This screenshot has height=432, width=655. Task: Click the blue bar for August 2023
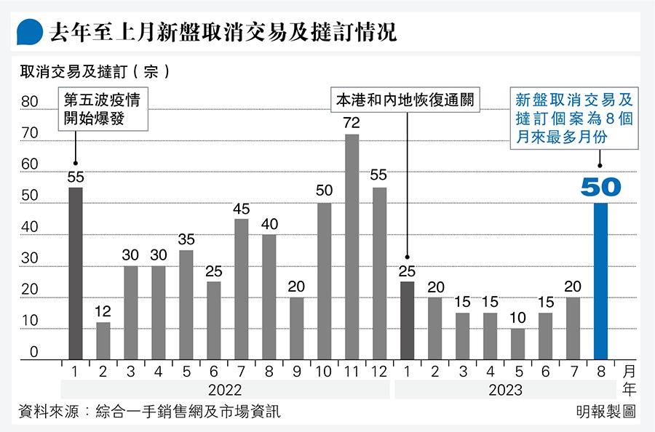click(x=601, y=281)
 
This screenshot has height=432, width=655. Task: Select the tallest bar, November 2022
click(x=352, y=247)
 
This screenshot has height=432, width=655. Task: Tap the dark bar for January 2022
click(x=75, y=273)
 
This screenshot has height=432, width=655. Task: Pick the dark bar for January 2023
click(x=408, y=320)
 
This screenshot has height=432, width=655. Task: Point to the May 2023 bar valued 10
click(x=517, y=343)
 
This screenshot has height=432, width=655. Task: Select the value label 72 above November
click(x=352, y=123)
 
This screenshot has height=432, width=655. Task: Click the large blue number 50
click(x=601, y=187)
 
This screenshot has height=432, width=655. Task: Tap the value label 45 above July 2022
click(x=242, y=209)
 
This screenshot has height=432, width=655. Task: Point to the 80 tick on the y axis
click(x=29, y=103)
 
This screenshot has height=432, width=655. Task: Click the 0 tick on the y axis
click(x=33, y=353)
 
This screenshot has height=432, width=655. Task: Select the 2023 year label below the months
click(x=505, y=390)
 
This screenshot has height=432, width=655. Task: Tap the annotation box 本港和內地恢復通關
click(x=406, y=100)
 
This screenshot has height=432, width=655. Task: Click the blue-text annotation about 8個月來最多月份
click(x=574, y=118)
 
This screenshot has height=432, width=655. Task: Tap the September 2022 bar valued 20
click(x=296, y=328)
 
